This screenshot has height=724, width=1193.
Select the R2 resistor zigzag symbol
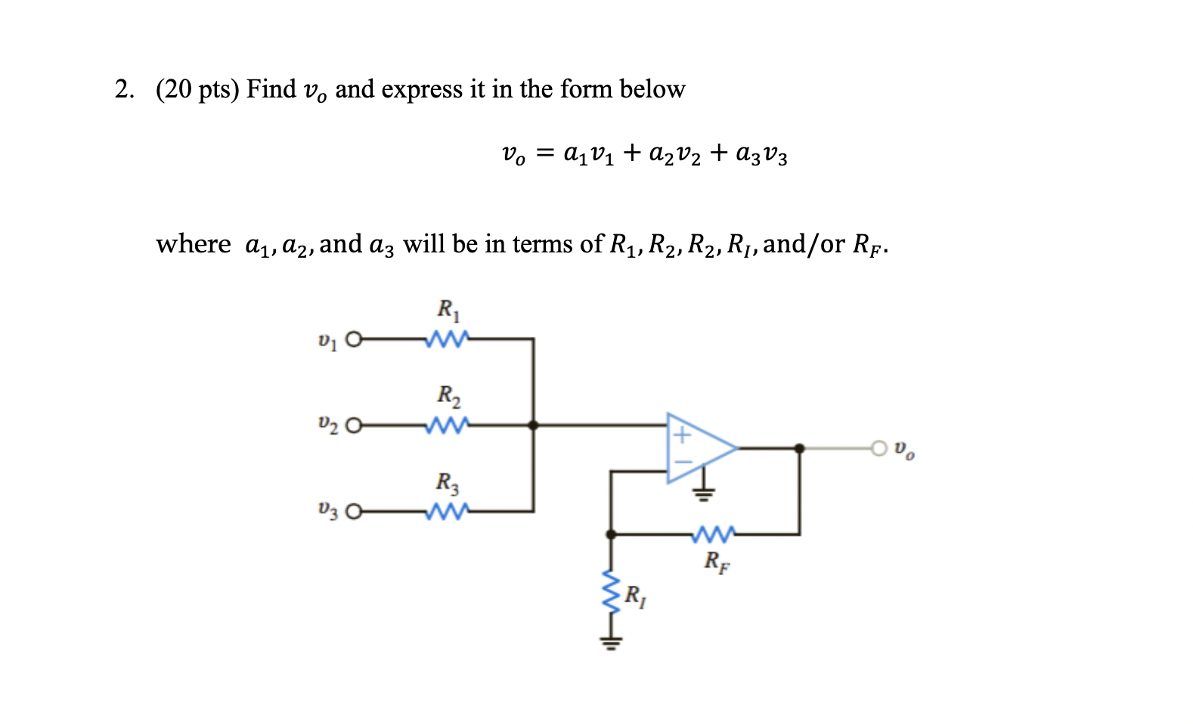click(448, 425)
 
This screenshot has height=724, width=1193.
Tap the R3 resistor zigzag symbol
click(448, 512)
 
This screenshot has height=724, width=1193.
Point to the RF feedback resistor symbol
click(711, 534)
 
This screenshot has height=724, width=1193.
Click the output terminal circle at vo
click(878, 448)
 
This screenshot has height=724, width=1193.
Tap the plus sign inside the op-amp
click(682, 435)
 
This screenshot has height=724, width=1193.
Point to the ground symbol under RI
click(611, 643)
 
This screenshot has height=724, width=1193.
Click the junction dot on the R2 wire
click(534, 425)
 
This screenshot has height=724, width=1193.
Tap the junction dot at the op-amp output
click(799, 448)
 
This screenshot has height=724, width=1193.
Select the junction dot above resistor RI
click(611, 534)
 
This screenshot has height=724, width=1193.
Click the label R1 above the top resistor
click(448, 309)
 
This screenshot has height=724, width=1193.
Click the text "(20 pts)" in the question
click(197, 89)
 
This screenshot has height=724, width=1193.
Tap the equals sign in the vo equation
click(544, 154)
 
